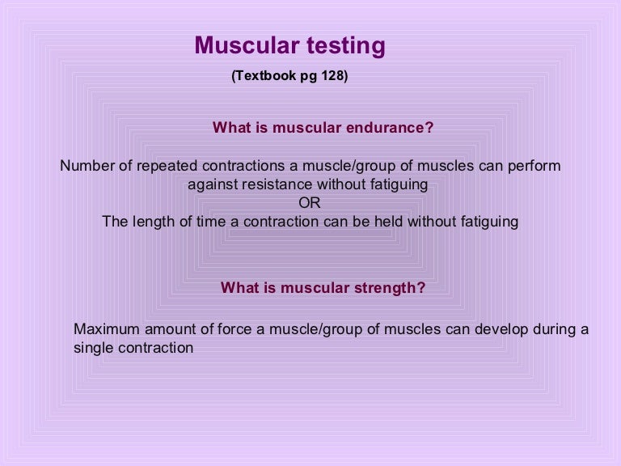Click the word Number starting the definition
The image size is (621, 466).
[87, 166]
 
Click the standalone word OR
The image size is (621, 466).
[310, 203]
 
